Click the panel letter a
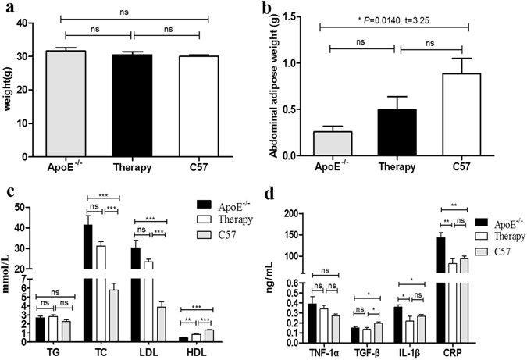[x=8, y=9]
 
